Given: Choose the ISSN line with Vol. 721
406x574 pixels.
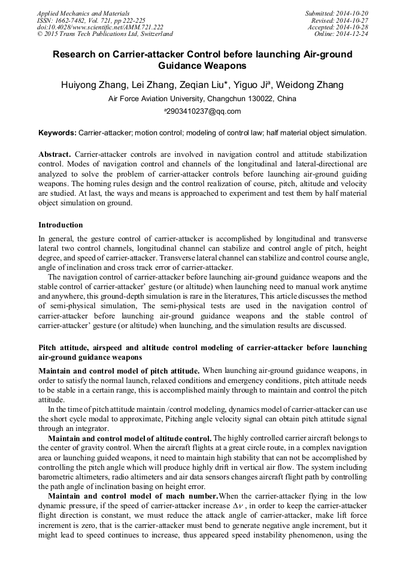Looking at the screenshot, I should (91, 20).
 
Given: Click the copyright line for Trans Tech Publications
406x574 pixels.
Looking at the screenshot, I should (105, 34).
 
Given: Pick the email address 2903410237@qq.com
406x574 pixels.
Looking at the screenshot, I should (204, 111).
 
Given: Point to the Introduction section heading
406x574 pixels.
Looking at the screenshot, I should (60, 225).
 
